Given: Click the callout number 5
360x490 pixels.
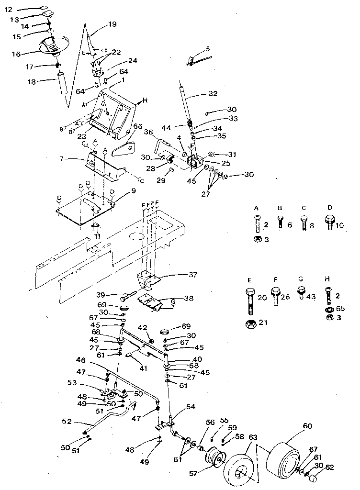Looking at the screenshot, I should (x=208, y=48).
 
